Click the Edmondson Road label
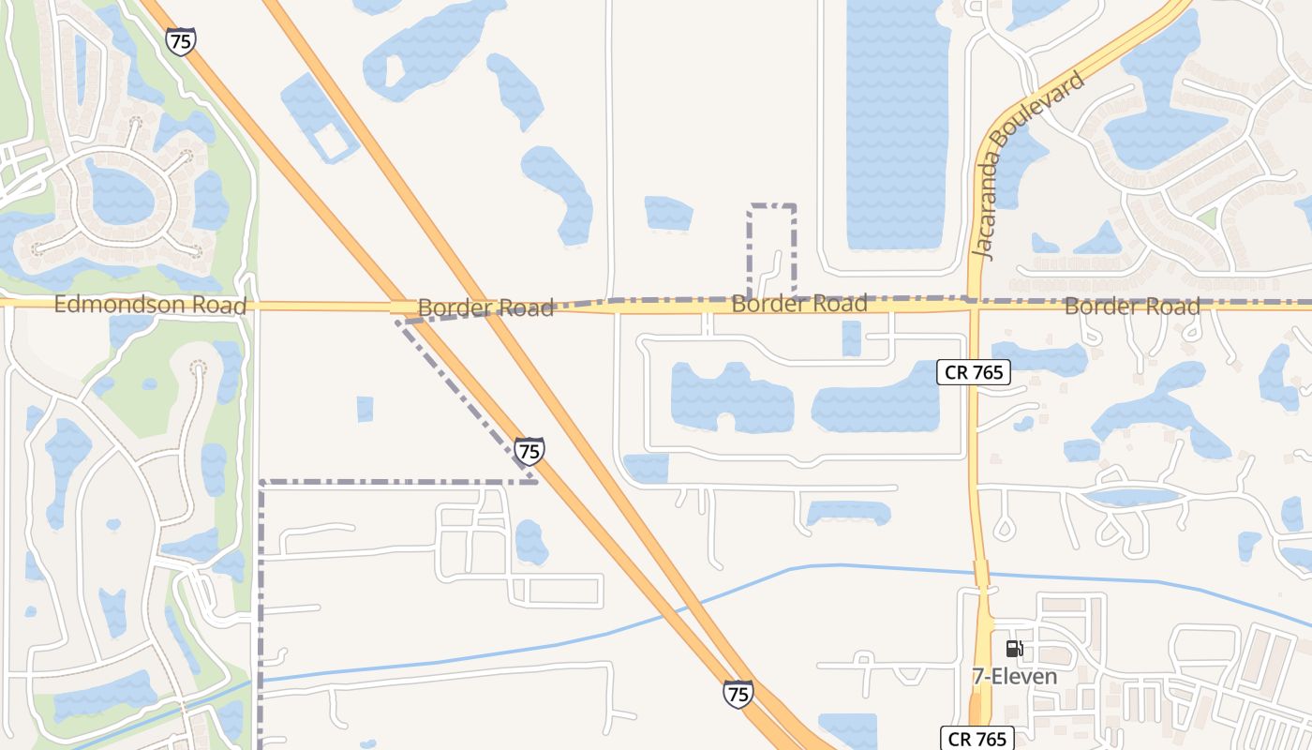click(x=150, y=305)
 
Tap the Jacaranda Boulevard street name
click(x=1028, y=164)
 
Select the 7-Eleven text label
click(x=1014, y=676)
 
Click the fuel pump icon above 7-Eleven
click(x=1014, y=649)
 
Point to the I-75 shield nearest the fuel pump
click(x=738, y=693)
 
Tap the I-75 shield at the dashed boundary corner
click(x=529, y=451)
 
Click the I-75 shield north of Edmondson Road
click(x=180, y=41)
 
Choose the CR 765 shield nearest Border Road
click(x=974, y=372)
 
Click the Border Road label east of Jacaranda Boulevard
click(x=1131, y=307)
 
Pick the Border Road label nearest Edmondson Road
click(x=485, y=307)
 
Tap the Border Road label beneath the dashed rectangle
click(x=798, y=304)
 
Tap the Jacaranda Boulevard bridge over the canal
click(x=981, y=574)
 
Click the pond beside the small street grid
click(x=530, y=542)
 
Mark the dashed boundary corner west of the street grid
click(x=261, y=484)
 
